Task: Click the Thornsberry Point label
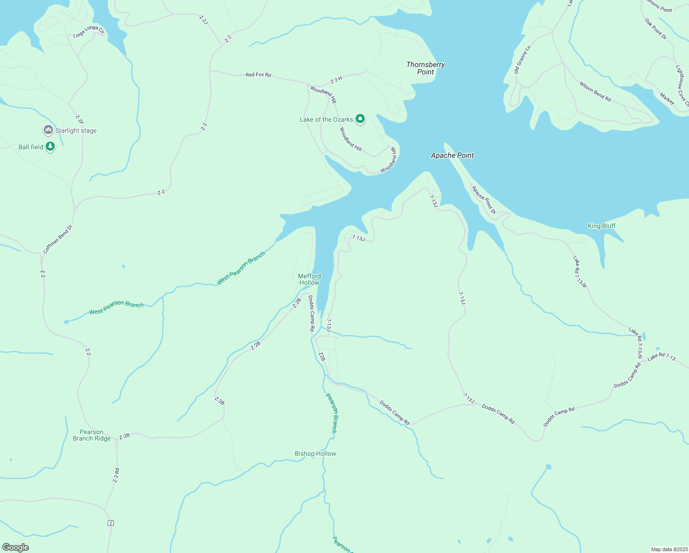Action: click(426, 68)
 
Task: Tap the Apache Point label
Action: click(452, 156)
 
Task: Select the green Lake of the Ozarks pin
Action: click(360, 119)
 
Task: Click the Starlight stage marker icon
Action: click(48, 130)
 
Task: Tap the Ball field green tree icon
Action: click(50, 147)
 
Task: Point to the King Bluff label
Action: click(601, 226)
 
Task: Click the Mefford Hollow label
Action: click(309, 279)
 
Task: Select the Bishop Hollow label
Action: click(315, 453)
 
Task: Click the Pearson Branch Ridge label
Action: click(92, 435)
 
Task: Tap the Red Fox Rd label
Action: click(258, 75)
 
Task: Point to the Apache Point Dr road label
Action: click(484, 200)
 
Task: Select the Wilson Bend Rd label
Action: click(595, 92)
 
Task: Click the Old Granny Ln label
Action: click(522, 60)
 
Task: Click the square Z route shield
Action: click(111, 523)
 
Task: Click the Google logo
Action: click(16, 547)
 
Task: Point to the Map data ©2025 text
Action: click(669, 549)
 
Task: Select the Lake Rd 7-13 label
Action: click(661, 357)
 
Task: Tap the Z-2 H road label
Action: click(336, 80)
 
